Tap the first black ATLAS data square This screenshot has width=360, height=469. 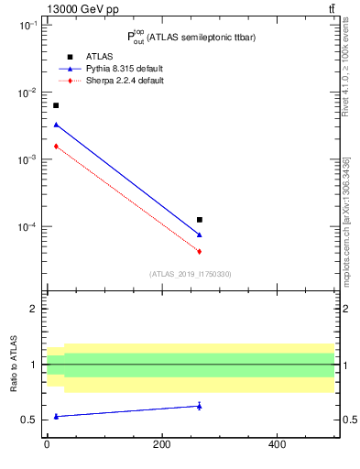[56, 105]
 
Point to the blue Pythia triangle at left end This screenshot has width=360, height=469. [56, 125]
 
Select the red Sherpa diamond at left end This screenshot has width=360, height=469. [56, 146]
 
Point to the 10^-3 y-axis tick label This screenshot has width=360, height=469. [27, 160]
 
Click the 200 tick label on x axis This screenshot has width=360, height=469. [162, 444]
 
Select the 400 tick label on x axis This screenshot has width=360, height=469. [277, 444]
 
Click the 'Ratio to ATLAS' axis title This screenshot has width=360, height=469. [12, 365]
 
